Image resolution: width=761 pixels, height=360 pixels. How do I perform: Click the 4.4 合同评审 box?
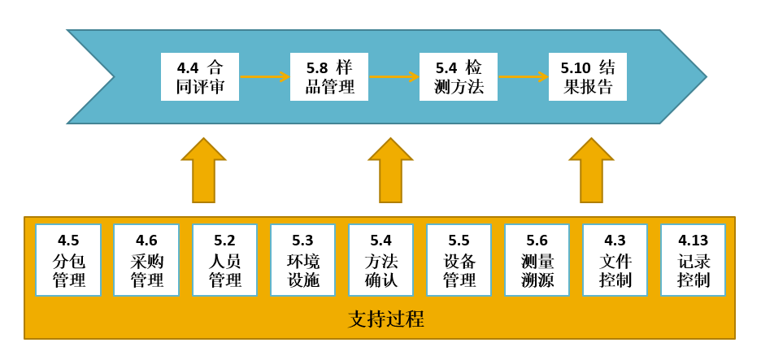click(199, 77)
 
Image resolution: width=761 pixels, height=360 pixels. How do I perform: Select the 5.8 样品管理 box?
click(329, 77)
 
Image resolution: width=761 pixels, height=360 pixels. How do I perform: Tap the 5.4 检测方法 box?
click(459, 77)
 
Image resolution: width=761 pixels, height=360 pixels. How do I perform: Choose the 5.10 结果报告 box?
click(587, 77)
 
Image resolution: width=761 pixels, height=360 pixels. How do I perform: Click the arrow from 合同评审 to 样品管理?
click(265, 77)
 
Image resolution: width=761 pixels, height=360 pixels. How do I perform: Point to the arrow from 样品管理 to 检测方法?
click(394, 77)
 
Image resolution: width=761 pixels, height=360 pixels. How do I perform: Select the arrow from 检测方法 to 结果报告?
click(524, 77)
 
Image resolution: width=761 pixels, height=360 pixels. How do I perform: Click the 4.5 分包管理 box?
click(68, 260)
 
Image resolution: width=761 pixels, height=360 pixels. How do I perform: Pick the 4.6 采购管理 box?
click(146, 260)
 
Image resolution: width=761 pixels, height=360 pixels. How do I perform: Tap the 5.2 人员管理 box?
click(224, 260)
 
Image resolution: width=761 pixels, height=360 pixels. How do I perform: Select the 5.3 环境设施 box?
click(302, 260)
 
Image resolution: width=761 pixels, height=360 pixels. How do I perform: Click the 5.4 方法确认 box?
click(380, 260)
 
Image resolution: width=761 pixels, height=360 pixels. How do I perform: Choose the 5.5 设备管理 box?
click(459, 260)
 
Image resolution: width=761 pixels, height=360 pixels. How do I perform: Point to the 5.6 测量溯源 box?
click(537, 260)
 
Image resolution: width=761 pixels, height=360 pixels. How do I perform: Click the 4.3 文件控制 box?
click(615, 260)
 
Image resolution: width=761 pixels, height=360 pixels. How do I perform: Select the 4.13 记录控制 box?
click(693, 260)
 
